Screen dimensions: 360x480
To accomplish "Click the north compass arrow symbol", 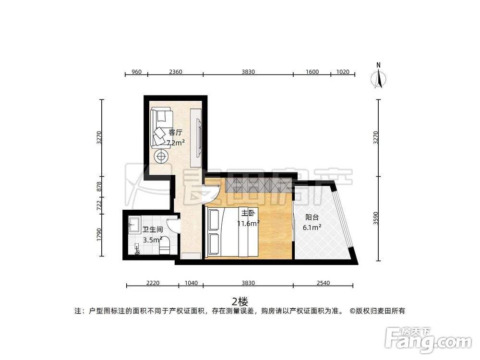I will point(379,78).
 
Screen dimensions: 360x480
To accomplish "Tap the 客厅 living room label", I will point(175,132).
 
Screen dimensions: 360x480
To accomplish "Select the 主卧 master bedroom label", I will point(248,213).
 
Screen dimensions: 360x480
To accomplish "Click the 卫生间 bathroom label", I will point(152,230).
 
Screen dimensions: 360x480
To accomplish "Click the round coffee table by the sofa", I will point(161,156).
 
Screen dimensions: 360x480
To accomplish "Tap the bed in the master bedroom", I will point(233,231).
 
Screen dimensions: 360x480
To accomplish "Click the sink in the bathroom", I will point(133,224).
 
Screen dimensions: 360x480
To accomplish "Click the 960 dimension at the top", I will point(136,72).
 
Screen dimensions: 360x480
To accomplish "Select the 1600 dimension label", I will point(312,72).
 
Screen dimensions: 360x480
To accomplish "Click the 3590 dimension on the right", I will point(376,218).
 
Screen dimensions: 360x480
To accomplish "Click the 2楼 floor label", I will point(240,301).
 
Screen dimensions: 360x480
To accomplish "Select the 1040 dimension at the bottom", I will point(191,283).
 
